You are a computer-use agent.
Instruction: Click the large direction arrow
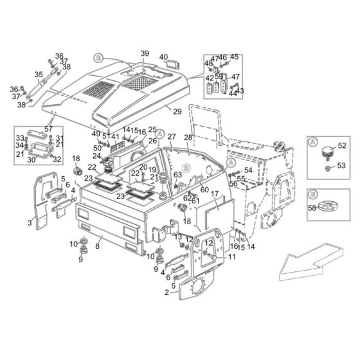[x=311, y=262]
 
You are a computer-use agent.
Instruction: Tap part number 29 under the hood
[x=177, y=112]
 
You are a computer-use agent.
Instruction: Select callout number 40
[x=163, y=57]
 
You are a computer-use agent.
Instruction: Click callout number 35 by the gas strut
[x=39, y=75]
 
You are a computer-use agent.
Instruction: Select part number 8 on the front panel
[x=98, y=246]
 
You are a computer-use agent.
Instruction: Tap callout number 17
[x=215, y=194]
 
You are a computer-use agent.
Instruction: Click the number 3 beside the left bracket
[x=30, y=222]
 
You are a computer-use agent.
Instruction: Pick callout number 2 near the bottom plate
[x=167, y=292]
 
